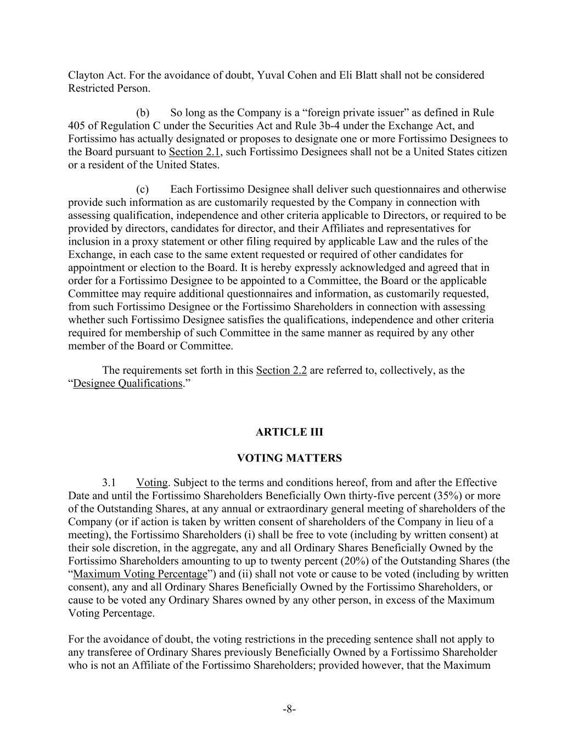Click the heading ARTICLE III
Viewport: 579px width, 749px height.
click(289, 432)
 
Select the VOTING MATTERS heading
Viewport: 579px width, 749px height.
click(289, 458)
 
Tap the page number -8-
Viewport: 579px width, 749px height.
click(289, 709)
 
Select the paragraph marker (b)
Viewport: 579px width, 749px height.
click(143, 112)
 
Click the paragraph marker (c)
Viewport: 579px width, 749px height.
click(143, 189)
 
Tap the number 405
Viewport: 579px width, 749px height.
click(77, 126)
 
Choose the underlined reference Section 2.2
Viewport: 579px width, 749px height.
click(281, 370)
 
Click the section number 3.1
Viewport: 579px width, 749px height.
click(109, 483)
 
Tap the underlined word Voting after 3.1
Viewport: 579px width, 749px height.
click(151, 483)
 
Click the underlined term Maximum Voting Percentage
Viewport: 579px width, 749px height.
click(140, 575)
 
